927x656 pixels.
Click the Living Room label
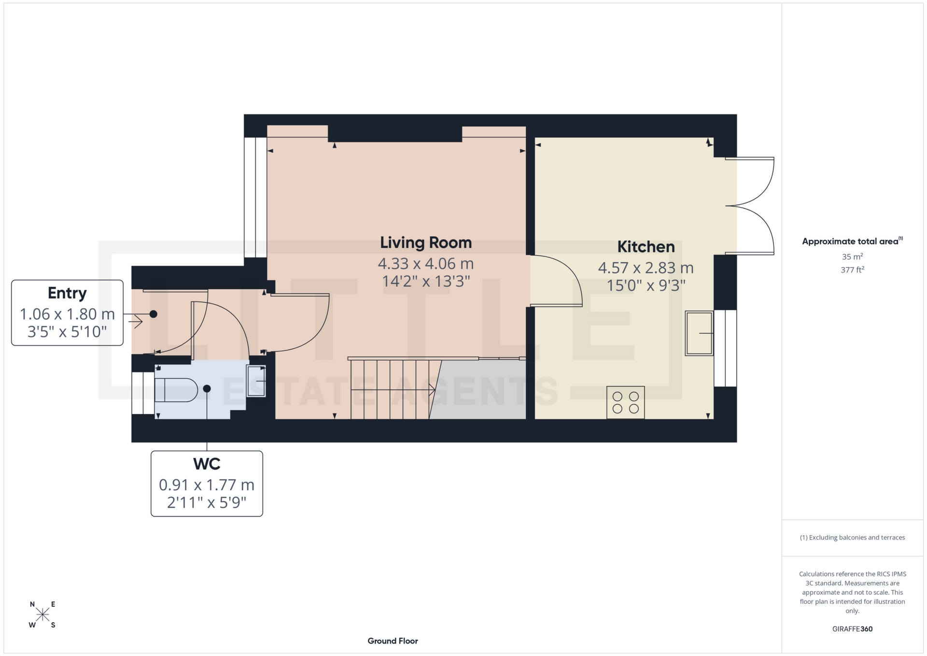coord(425,242)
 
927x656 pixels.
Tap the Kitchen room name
coord(646,247)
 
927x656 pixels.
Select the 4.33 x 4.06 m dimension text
coord(425,264)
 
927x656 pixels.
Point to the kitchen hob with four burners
coord(625,402)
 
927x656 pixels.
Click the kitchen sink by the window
coord(699,333)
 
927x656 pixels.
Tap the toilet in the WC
coord(176,390)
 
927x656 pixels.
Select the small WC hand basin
coord(256,381)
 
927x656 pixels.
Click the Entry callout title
coord(67,293)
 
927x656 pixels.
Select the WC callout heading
coord(207,464)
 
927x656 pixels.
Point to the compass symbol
coord(42,614)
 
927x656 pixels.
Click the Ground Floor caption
coord(393,641)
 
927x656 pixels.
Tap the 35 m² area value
coord(852,257)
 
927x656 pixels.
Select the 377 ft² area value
coord(852,270)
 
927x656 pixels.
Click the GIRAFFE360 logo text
coord(852,629)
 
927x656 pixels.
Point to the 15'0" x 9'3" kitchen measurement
coord(646,285)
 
